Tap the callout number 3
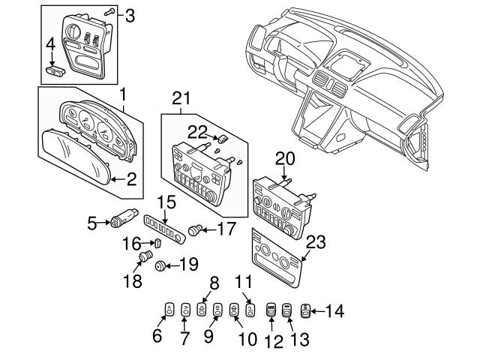pos(130,15)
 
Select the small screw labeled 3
pos(109,13)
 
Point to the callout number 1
pos(123,95)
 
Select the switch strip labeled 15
pos(165,227)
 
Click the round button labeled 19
pos(160,265)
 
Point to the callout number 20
pos(286,160)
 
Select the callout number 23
pos(316,241)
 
